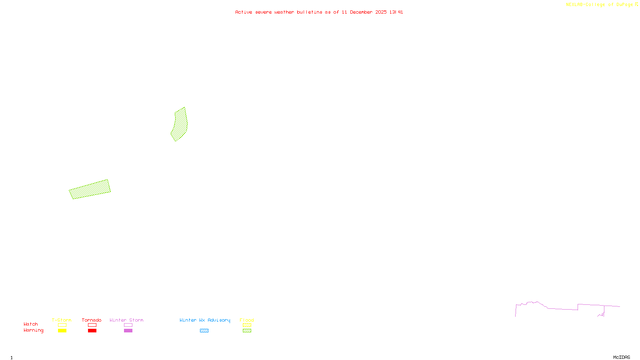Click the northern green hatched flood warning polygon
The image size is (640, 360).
point(180,124)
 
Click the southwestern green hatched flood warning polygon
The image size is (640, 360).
point(90,189)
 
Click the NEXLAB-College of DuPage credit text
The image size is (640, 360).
point(600,5)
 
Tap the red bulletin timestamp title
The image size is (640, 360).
point(319,12)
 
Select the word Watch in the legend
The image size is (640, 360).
point(31,324)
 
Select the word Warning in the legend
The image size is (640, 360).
point(34,330)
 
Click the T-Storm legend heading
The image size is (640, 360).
point(62,320)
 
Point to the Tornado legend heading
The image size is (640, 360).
point(92,320)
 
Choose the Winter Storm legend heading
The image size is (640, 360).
point(126,320)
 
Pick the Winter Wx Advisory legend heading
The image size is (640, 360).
point(205,320)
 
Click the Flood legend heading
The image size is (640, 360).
point(247,320)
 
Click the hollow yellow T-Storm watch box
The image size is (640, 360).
point(62,325)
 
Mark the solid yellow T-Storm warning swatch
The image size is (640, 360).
point(62,331)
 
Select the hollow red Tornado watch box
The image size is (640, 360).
point(92,325)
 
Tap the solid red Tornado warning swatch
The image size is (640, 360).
point(92,331)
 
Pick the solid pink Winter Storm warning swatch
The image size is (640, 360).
point(128,331)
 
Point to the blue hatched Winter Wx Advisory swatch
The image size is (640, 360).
point(204,331)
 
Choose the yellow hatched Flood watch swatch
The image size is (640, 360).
point(247,325)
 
